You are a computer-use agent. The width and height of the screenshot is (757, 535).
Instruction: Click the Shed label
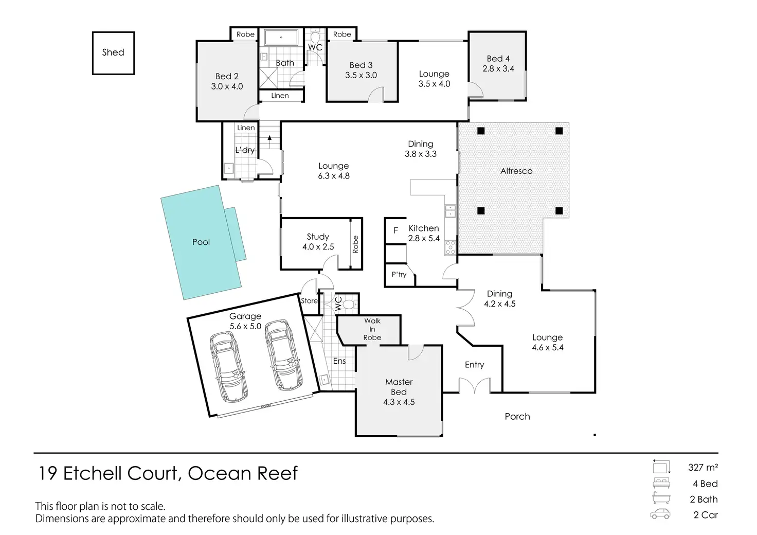click(113, 52)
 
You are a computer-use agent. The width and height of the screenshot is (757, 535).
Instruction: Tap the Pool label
click(201, 242)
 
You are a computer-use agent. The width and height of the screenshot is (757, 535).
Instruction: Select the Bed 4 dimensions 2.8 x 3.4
click(498, 68)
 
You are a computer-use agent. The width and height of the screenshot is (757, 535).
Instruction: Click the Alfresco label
click(516, 171)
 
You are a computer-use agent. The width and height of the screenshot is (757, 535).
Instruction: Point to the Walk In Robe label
click(372, 329)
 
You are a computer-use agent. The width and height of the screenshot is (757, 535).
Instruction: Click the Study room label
click(318, 237)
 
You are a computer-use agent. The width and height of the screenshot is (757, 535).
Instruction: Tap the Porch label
click(517, 416)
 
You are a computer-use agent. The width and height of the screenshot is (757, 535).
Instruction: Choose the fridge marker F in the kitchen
click(396, 230)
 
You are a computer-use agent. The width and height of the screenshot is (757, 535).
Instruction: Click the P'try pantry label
click(399, 274)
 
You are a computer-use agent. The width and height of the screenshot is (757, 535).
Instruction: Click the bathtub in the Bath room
click(281, 38)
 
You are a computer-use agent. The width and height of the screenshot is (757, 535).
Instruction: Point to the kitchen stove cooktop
click(450, 247)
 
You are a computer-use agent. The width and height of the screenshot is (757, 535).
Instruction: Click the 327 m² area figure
click(703, 468)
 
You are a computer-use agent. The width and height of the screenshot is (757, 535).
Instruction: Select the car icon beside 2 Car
click(660, 514)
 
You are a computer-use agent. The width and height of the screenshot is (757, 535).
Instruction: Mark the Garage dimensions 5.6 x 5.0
click(245, 326)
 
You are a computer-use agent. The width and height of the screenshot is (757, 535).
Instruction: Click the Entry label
click(475, 365)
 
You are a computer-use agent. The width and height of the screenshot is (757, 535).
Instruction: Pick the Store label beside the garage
click(309, 301)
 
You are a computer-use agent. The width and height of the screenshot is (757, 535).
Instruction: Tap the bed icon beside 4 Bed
click(661, 483)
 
